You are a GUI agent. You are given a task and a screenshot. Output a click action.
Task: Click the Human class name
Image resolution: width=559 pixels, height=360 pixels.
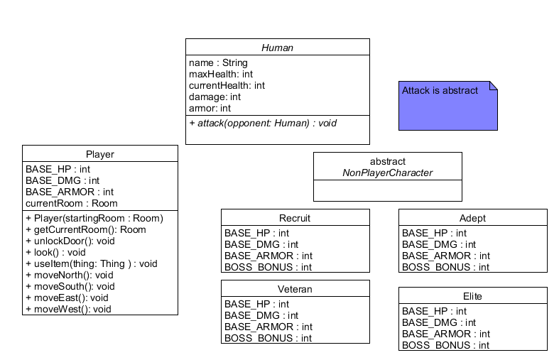tap(277, 48)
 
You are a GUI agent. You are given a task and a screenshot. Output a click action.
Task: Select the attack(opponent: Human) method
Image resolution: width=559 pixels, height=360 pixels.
tap(263, 123)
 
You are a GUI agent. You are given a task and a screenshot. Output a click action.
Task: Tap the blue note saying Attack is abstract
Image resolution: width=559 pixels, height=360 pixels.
tap(447, 105)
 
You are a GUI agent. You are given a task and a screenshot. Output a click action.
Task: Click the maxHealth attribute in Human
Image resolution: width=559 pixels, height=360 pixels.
tap(221, 74)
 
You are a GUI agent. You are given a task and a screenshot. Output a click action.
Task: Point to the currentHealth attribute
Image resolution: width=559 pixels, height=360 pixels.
tap(227, 85)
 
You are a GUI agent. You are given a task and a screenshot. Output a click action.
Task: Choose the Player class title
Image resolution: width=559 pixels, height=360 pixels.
tap(99, 154)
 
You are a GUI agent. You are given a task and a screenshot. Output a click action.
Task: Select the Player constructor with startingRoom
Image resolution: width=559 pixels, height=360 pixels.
tap(94, 218)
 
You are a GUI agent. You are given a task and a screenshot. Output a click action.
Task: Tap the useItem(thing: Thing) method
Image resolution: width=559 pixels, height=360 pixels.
tap(91, 263)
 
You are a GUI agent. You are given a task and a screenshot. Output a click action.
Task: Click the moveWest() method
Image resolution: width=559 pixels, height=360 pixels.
tap(68, 309)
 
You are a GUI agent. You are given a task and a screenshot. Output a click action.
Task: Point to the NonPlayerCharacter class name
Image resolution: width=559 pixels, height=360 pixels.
tap(387, 173)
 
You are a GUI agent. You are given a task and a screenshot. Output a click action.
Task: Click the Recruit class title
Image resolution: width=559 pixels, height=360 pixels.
tap(295, 218)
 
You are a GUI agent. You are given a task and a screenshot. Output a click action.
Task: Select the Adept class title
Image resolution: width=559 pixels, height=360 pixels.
tap(472, 218)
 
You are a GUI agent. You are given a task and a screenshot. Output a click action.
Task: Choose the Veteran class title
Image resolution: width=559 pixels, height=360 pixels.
tap(295, 289)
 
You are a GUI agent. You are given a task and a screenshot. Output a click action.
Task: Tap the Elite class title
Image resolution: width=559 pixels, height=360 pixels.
tap(472, 296)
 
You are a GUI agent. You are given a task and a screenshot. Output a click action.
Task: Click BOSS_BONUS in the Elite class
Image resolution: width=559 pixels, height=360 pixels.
tap(445, 345)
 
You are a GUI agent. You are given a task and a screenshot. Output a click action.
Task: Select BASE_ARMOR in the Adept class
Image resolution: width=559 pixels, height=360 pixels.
tap(445, 256)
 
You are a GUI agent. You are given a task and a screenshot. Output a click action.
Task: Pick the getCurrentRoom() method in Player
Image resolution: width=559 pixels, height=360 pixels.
tap(85, 229)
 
